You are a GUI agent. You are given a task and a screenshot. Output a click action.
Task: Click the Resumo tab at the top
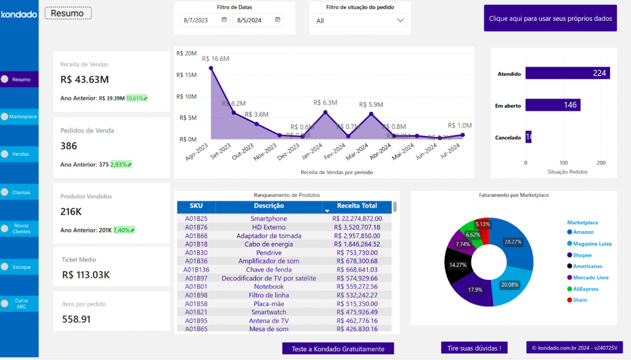(68, 13)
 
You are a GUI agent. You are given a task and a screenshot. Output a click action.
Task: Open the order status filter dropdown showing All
(360, 20)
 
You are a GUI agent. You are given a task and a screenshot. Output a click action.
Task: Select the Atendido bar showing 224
(567, 73)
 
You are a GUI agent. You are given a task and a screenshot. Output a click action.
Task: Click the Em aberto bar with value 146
(553, 105)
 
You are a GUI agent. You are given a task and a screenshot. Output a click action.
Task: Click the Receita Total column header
(357, 206)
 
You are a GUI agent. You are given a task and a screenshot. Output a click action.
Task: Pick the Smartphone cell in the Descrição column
(269, 218)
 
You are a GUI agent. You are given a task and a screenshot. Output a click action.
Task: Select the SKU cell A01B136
(197, 269)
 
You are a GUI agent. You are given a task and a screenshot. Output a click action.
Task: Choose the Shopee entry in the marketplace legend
(582, 255)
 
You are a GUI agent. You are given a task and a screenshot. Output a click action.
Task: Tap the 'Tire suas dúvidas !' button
(474, 348)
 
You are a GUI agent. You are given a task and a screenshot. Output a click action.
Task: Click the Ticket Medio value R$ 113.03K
(86, 275)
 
